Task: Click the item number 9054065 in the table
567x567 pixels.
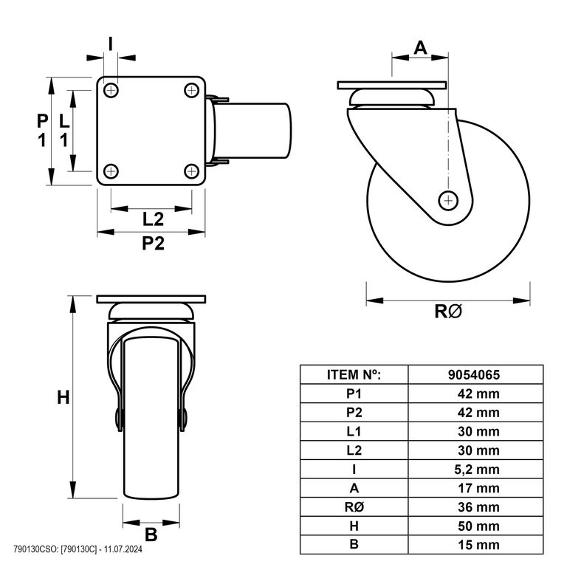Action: coord(474,374)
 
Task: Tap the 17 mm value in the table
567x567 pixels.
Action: coord(478,488)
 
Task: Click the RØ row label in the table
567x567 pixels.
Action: coord(354,507)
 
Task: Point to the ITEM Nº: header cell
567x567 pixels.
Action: coord(354,374)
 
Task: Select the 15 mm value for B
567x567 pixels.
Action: coord(478,545)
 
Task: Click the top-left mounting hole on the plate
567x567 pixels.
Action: coord(111,89)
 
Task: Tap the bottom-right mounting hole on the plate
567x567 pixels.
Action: coord(192,171)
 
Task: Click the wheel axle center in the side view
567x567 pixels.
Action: coord(448,200)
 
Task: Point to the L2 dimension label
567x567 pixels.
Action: coord(153,219)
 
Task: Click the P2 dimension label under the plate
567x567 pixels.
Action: coord(153,243)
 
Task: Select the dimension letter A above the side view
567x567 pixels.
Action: coord(420,48)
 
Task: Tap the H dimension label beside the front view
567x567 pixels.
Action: coord(63,398)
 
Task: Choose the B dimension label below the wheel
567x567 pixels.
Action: coord(151,535)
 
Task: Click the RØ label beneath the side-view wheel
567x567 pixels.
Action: coord(448,312)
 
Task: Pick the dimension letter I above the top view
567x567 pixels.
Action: coord(111,44)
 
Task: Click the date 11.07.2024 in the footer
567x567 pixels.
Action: coord(123,549)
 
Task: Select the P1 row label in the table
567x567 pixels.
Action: coord(354,394)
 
